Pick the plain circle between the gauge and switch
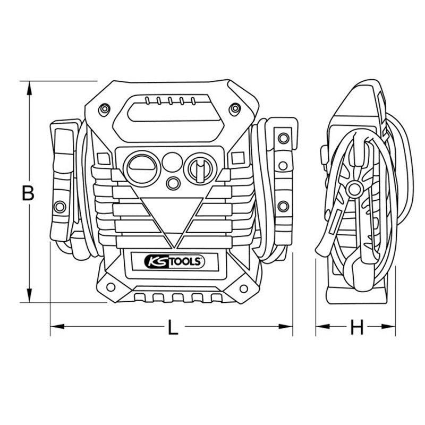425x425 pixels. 171,161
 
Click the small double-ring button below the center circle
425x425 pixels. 172,182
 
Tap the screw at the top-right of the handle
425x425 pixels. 234,110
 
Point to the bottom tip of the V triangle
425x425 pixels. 173,248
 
